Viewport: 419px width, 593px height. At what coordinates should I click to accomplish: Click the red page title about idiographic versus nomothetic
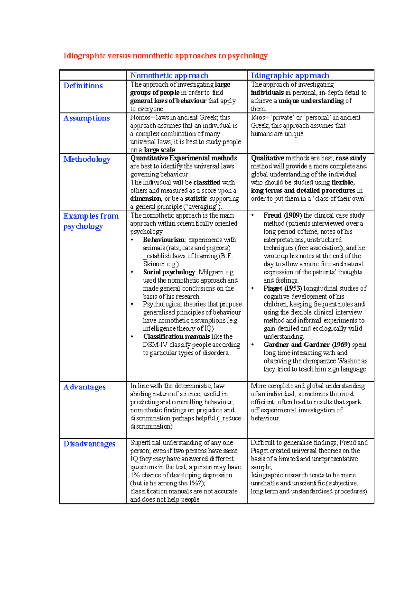point(165,56)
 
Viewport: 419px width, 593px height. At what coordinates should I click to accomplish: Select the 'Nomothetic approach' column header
point(169,75)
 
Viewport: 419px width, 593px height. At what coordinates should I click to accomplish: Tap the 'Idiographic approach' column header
point(290,75)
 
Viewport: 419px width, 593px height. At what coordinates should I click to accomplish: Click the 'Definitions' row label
point(83,86)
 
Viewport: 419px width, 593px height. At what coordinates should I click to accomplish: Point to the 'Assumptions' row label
point(87,118)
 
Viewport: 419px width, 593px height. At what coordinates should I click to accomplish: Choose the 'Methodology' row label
point(87,159)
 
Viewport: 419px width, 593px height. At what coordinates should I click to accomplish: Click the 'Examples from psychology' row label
point(91,221)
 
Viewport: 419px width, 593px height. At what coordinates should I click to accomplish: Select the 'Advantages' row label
point(84,387)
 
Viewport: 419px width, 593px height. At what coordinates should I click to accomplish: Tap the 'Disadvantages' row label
point(89,444)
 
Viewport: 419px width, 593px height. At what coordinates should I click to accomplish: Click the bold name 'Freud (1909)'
point(282,215)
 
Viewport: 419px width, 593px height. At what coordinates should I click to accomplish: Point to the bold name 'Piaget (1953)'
point(282,288)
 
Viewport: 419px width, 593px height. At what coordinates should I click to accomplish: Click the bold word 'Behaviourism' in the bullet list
point(163,240)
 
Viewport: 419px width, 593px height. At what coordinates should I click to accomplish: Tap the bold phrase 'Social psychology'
point(169,272)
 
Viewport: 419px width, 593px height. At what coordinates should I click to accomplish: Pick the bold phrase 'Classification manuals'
point(176,337)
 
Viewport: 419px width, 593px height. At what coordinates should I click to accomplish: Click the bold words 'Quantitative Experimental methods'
point(184,158)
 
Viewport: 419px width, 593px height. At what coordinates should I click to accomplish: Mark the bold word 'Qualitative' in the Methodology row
point(267,158)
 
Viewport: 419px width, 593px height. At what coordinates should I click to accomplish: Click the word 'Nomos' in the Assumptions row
point(140,118)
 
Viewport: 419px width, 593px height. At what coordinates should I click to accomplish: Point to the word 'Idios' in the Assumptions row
point(258,118)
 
